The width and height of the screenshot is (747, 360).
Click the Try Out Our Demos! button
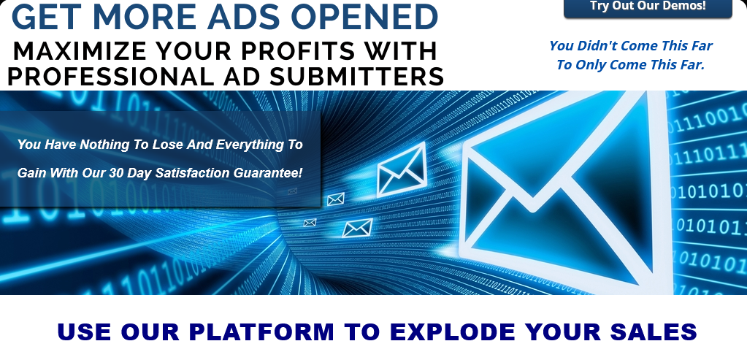648,7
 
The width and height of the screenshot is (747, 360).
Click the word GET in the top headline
46,16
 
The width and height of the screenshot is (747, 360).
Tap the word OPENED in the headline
364,16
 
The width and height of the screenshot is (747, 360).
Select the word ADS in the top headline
243,16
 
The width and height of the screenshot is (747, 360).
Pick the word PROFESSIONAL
109,76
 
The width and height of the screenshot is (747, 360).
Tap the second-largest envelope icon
401,169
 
